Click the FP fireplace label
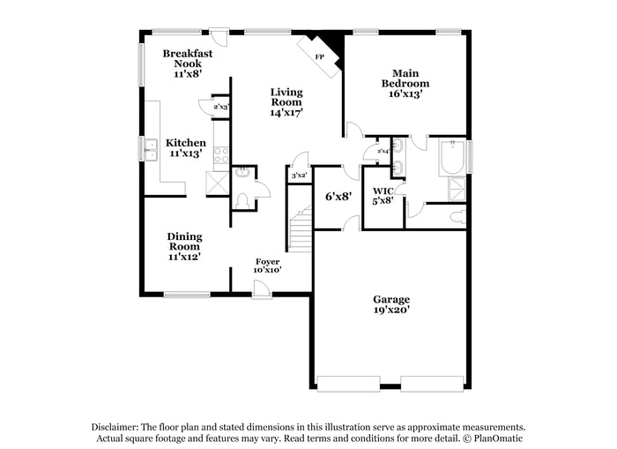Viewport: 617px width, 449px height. (x=319, y=56)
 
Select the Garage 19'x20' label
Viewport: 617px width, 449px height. (x=390, y=304)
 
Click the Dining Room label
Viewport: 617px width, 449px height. (x=184, y=246)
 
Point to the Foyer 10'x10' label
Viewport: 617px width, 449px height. (x=268, y=266)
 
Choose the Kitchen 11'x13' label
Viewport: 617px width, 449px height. (x=186, y=147)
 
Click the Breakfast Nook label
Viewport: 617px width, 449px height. (x=187, y=64)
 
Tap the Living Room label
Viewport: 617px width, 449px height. (x=286, y=102)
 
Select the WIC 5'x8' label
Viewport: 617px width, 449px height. (x=383, y=196)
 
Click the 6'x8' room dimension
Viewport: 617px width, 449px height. (x=338, y=196)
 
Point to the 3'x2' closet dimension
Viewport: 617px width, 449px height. (x=299, y=176)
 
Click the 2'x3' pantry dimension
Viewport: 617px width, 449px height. (x=221, y=107)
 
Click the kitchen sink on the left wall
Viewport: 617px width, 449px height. (x=151, y=151)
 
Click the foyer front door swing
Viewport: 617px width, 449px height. (x=262, y=288)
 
